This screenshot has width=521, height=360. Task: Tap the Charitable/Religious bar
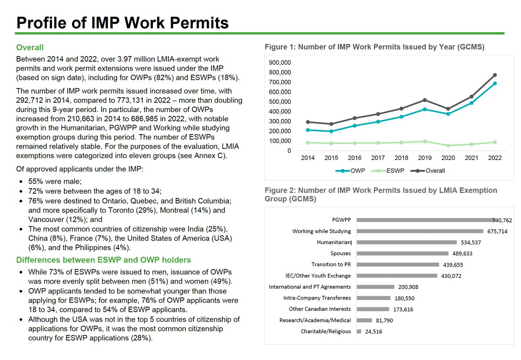click(x=359, y=331)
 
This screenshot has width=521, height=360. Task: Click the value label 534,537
click(x=471, y=242)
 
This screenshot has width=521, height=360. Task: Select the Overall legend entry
click(x=430, y=171)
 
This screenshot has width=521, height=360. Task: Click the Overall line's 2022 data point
click(x=495, y=75)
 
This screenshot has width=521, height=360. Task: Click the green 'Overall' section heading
click(x=30, y=47)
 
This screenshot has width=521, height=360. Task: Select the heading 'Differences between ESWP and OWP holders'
click(x=103, y=260)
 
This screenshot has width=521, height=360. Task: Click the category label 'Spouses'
click(x=341, y=253)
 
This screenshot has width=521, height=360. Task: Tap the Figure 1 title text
click(x=374, y=47)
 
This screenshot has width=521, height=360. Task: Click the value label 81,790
click(x=384, y=320)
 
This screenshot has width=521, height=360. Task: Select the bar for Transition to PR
click(x=398, y=264)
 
